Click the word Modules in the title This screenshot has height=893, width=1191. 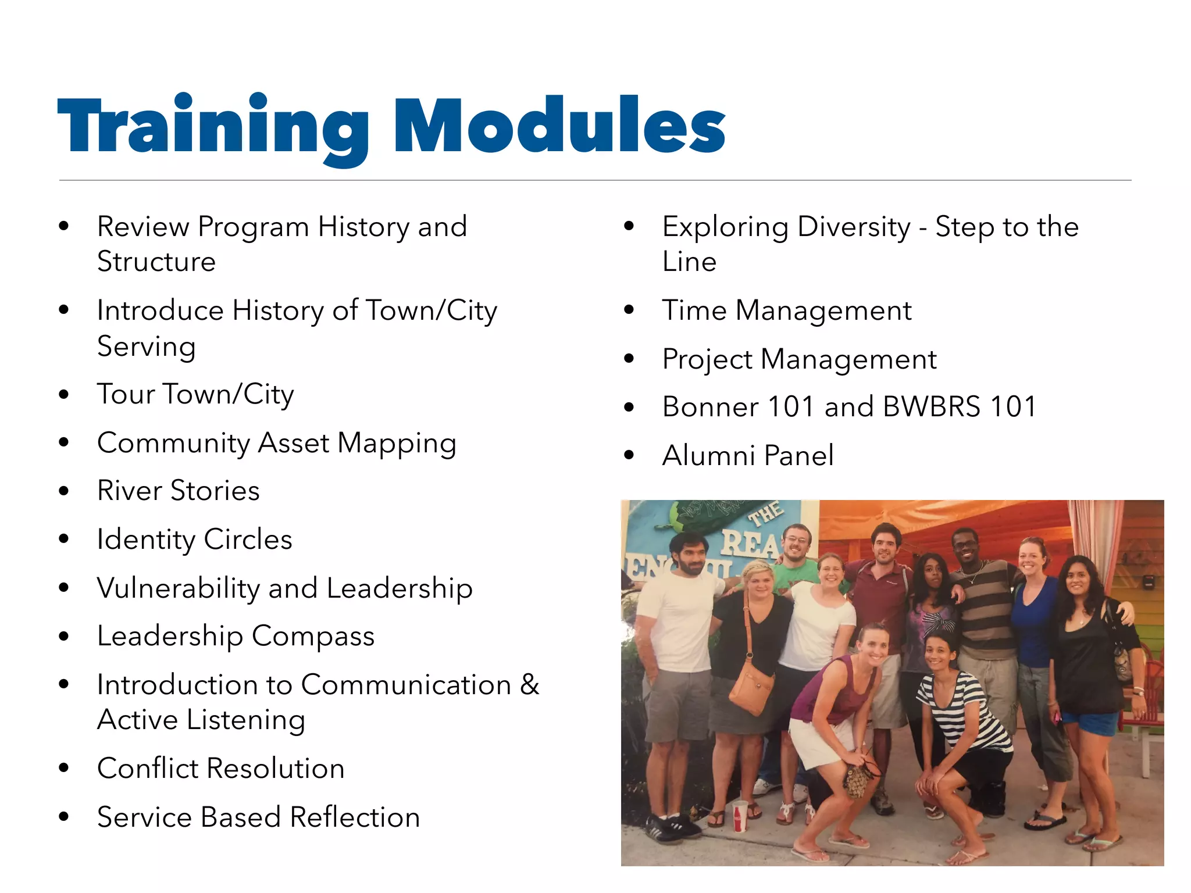pyautogui.click(x=559, y=125)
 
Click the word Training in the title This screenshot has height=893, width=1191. pyautogui.click(x=213, y=125)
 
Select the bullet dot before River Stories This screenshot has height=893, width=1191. pyautogui.click(x=64, y=491)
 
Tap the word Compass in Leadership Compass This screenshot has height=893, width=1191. pyautogui.click(x=313, y=636)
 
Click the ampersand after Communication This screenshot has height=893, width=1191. pyautogui.click(x=529, y=684)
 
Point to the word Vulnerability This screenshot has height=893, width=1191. pyautogui.click(x=178, y=588)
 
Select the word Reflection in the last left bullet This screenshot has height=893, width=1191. pyautogui.click(x=355, y=817)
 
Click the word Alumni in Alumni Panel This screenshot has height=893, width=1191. pyautogui.click(x=708, y=455)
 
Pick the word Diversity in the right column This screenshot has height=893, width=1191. pyautogui.click(x=854, y=227)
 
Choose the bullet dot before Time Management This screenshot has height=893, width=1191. pyautogui.click(x=629, y=310)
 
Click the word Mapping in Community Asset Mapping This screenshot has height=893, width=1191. pyautogui.click(x=397, y=444)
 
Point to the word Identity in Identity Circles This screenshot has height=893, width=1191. pyautogui.click(x=145, y=540)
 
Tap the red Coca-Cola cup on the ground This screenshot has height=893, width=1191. pyautogui.click(x=740, y=815)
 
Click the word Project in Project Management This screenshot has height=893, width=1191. pyautogui.click(x=707, y=359)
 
